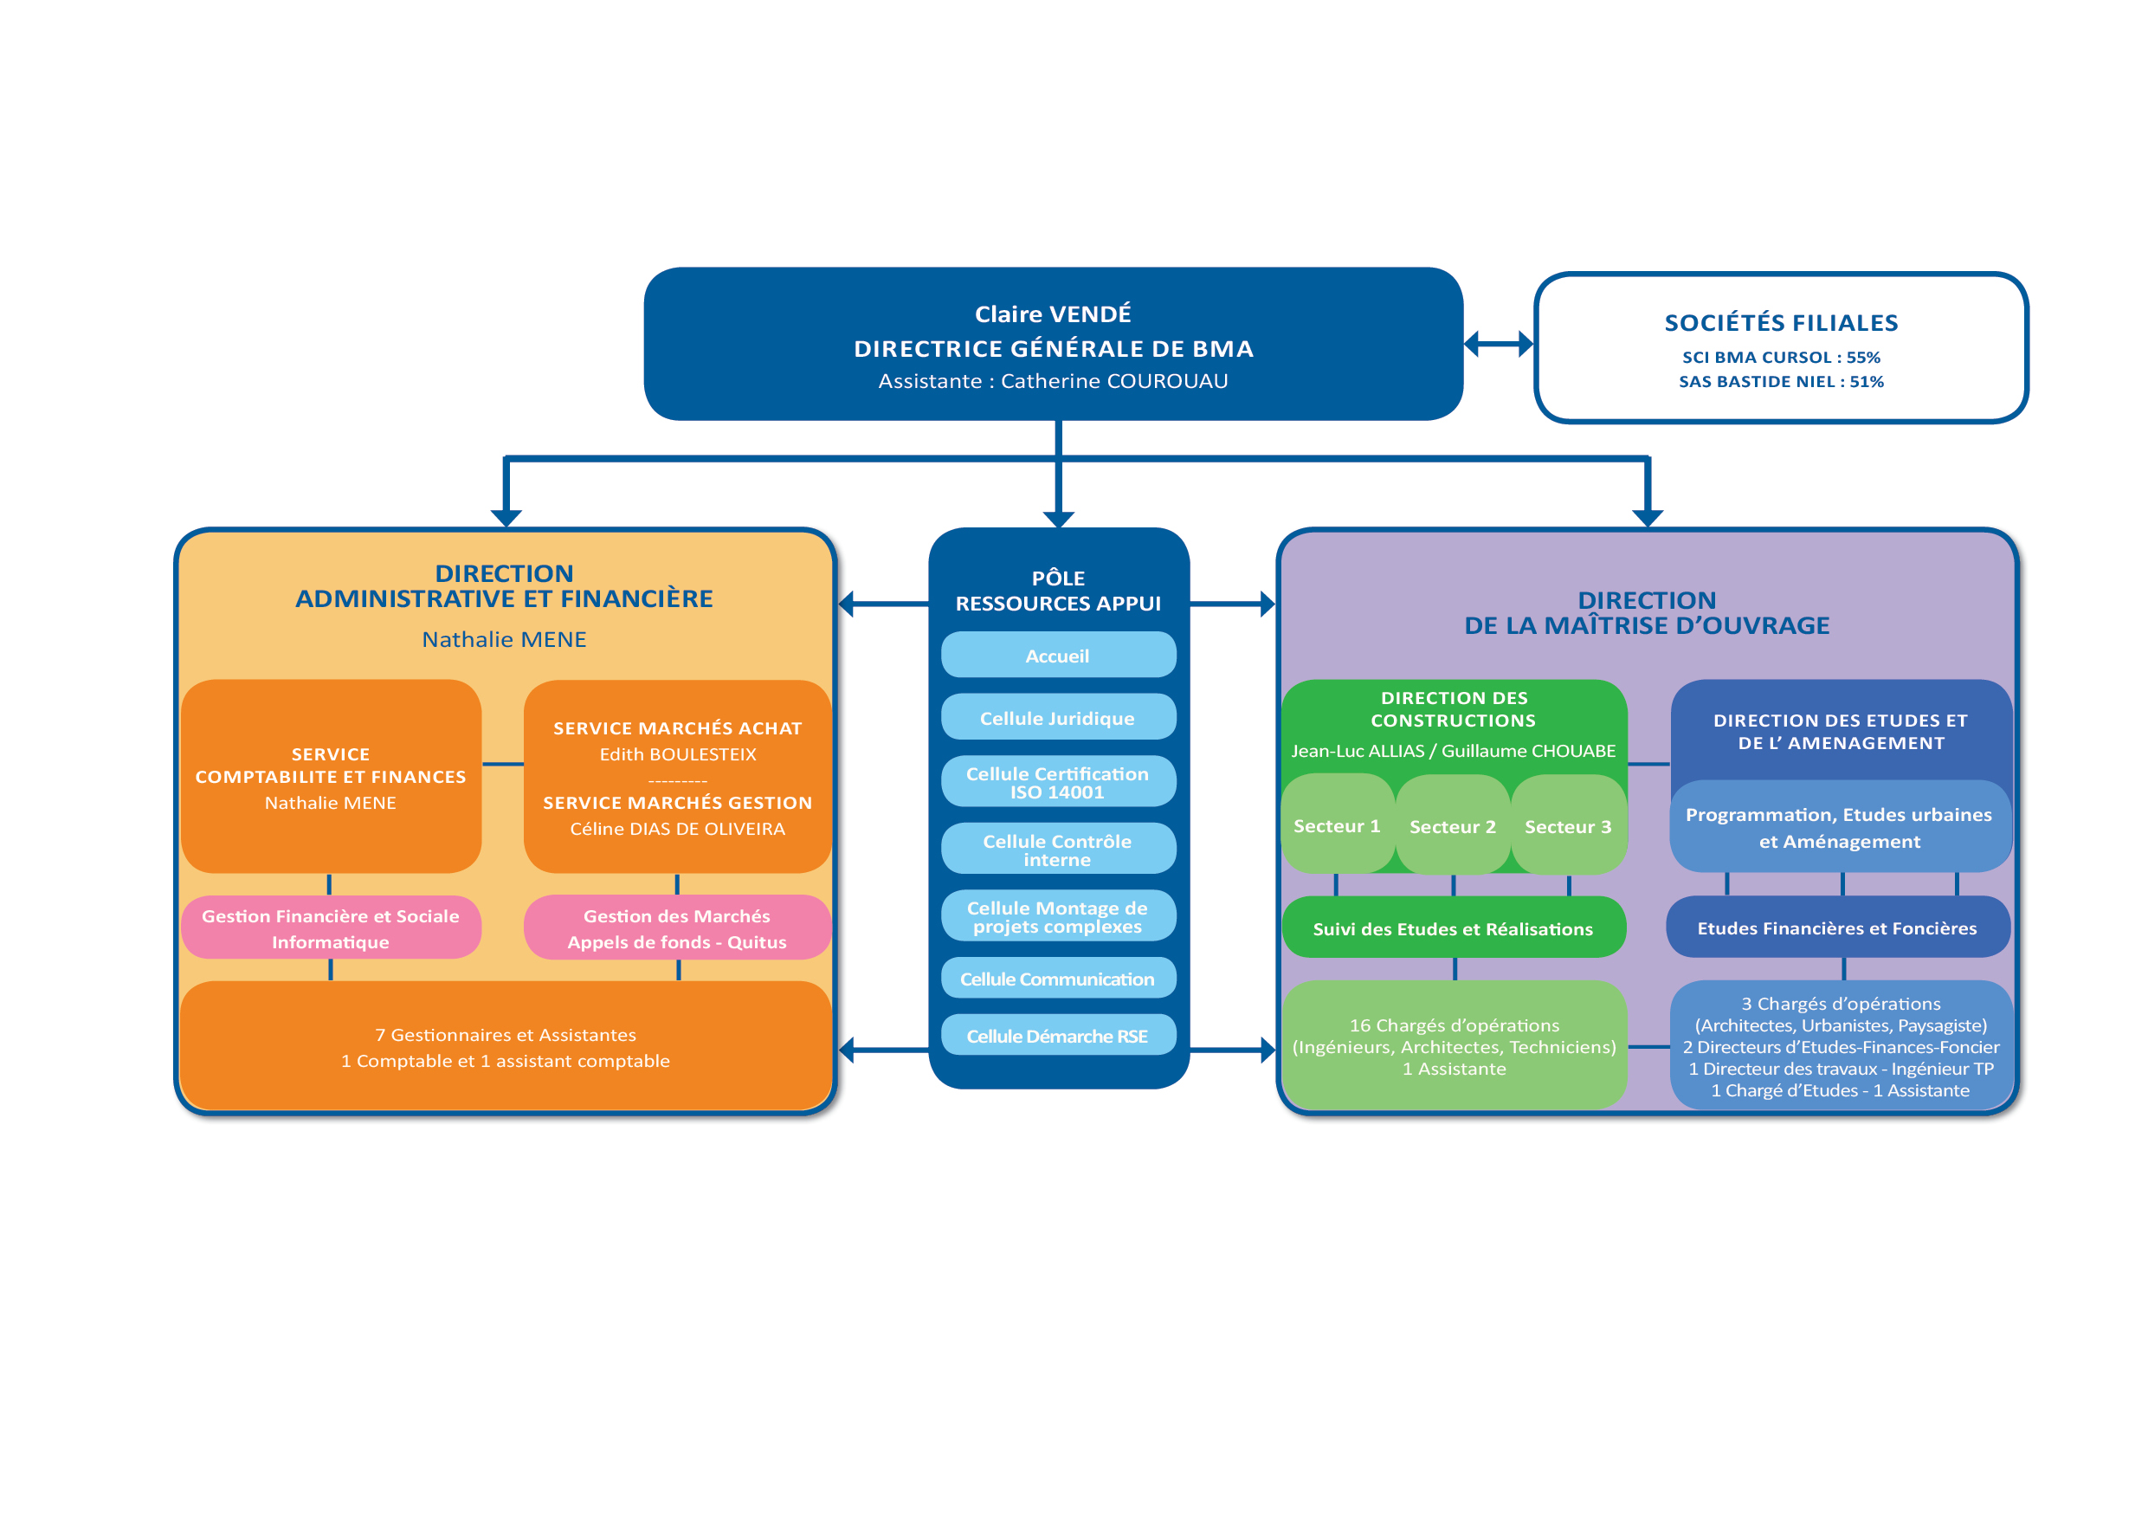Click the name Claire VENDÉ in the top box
point(1053,313)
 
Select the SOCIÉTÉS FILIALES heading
point(1780,323)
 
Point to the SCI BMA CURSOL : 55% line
point(1780,358)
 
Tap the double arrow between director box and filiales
point(1499,345)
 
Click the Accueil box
point(1057,656)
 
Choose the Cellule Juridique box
point(1057,718)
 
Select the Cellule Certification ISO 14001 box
point(1057,782)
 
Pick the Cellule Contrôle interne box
point(1057,850)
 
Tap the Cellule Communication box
point(1057,979)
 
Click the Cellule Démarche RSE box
point(1057,1036)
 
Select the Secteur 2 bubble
point(1452,826)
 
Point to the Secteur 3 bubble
point(1568,826)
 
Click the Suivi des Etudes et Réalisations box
point(1453,928)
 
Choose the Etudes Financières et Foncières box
point(1837,928)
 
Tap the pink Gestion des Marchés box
point(677,928)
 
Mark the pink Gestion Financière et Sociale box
point(330,928)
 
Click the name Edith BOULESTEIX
point(677,754)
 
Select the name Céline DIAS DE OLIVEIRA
point(677,830)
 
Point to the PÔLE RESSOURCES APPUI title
point(1058,591)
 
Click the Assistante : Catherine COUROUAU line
point(1053,381)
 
